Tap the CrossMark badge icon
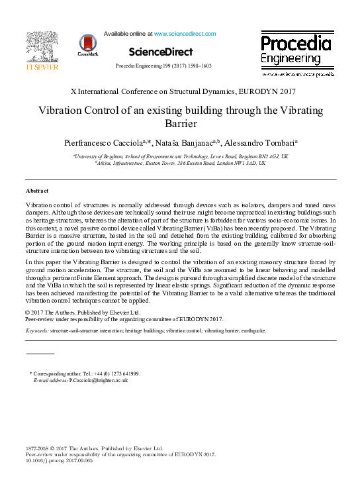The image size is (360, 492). coord(87,44)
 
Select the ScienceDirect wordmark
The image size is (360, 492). coord(161,52)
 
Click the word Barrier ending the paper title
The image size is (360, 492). coord(180,123)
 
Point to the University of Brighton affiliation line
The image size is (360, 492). coord(181,156)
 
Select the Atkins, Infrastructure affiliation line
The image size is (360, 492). coord(180,162)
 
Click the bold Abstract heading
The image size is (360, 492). coord(36,191)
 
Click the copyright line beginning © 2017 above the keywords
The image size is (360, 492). coord(82,312)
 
